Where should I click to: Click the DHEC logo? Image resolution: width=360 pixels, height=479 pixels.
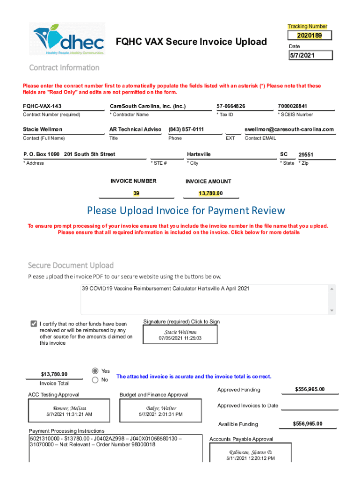69,39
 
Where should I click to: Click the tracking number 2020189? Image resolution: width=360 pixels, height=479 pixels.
310,36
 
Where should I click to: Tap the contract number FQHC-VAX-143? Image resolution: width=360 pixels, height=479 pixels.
42,106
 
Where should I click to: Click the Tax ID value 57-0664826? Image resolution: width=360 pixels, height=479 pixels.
231,106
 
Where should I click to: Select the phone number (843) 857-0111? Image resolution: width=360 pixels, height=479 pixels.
186,129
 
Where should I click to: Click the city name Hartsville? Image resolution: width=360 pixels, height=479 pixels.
199,154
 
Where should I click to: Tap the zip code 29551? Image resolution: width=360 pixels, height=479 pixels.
306,154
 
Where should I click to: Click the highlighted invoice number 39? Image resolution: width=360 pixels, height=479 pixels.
136,193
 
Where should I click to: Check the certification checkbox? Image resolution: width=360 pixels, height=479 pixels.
34,324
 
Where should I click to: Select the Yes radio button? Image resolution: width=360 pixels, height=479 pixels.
95,370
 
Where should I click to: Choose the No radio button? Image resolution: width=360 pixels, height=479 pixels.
95,380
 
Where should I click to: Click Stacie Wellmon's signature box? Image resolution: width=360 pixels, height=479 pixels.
180,334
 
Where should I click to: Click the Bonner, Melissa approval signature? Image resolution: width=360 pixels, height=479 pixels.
69,411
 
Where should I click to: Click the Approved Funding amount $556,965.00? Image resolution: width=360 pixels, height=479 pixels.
310,390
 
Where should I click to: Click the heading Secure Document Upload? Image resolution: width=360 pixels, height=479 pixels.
71,265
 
